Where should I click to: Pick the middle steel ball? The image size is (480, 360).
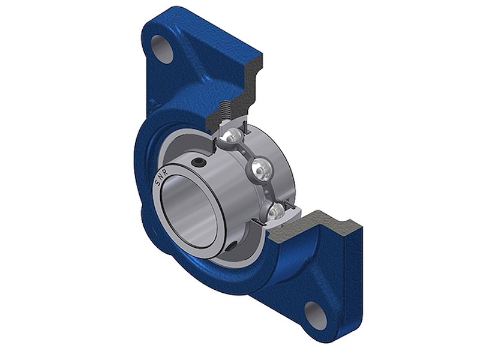click(x=260, y=168)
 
